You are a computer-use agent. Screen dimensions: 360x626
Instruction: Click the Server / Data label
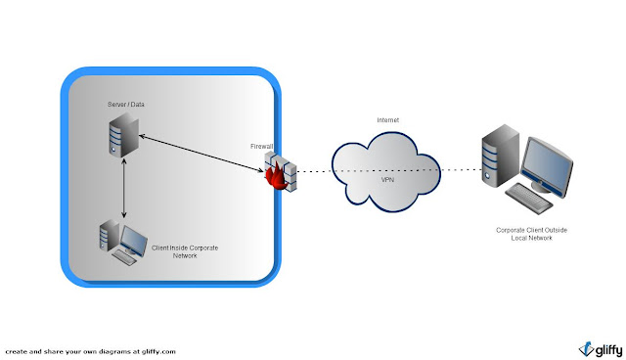126,104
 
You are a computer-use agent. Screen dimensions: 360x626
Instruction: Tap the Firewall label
262,146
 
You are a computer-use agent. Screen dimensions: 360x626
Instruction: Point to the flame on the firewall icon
271,178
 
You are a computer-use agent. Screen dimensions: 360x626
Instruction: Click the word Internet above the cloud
387,120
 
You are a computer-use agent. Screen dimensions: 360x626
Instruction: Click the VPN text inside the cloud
389,182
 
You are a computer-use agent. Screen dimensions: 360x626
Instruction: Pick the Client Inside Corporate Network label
185,251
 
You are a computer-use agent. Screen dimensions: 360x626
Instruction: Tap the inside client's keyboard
127,258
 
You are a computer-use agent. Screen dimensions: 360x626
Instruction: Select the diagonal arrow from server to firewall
201,155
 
